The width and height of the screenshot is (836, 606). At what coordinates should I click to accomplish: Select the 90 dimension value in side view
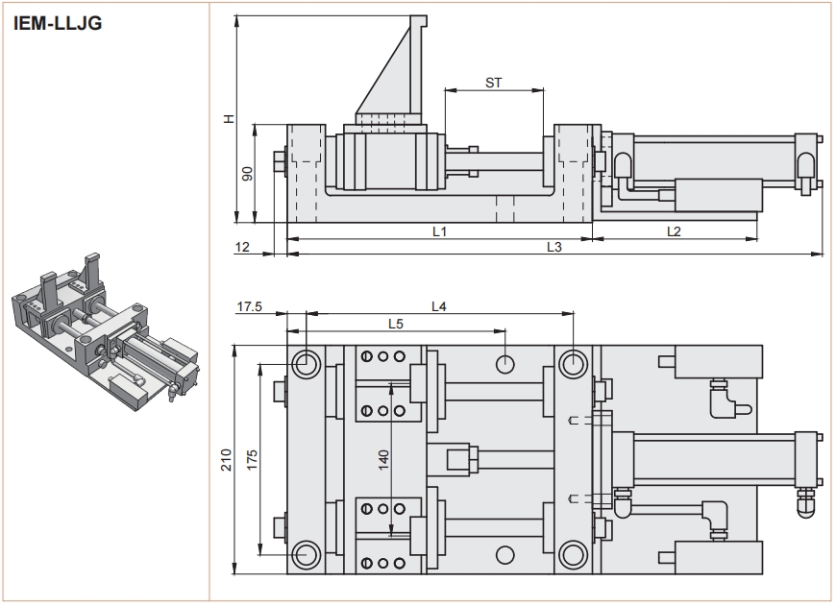click(x=247, y=174)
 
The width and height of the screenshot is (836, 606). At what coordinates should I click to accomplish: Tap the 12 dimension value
click(x=243, y=247)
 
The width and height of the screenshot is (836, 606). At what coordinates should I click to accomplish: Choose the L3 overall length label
click(x=553, y=247)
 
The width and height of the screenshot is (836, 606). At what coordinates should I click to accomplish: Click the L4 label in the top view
click(x=439, y=306)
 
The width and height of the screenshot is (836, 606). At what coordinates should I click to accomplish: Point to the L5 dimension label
click(x=395, y=324)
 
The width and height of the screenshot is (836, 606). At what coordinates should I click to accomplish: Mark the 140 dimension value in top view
click(x=383, y=458)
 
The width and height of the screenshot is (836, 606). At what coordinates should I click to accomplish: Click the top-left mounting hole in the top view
click(x=307, y=363)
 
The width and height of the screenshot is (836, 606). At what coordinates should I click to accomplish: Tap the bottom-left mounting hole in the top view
click(x=307, y=553)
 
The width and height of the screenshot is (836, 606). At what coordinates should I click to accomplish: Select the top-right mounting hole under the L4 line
click(x=573, y=363)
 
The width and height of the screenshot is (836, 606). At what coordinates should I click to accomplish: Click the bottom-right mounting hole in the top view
click(x=573, y=553)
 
